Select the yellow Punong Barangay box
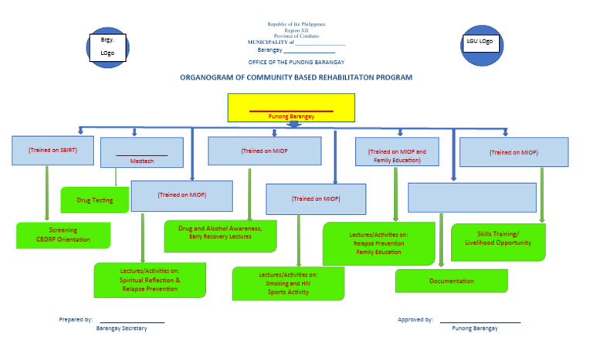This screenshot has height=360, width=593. [291, 107]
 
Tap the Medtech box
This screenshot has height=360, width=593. [142, 153]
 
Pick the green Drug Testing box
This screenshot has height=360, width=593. [95, 200]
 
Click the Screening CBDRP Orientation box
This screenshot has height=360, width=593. [63, 235]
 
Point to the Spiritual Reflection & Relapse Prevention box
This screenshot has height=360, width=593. [150, 280]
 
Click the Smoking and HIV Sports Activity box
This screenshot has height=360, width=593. [288, 284]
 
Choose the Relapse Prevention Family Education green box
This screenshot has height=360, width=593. [378, 243]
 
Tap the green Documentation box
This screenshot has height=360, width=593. [452, 280]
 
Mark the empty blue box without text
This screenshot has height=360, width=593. [472, 197]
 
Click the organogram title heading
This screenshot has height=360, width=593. [296, 77]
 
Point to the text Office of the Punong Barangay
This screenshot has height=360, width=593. [296, 62]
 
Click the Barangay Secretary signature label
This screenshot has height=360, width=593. [121, 328]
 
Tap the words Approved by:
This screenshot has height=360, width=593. [415, 319]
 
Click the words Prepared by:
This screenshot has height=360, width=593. [76, 319]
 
